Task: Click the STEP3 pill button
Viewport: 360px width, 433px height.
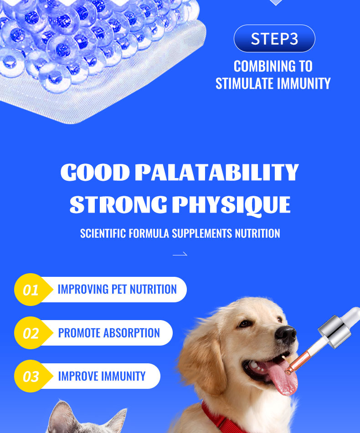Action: [274, 38]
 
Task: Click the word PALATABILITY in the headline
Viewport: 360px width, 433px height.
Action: [217, 172]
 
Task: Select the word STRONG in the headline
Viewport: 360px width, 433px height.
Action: [118, 204]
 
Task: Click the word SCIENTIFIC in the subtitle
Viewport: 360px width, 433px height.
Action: [103, 233]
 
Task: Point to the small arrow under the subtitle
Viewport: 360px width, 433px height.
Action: [180, 254]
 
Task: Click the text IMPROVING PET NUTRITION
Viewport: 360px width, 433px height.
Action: [117, 290]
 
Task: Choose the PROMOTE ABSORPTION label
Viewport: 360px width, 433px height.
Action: [109, 333]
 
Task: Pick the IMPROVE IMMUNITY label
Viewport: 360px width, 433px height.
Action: [102, 376]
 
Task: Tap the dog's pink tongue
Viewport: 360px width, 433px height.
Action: [281, 377]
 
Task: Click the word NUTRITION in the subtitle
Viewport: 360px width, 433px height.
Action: [257, 233]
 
